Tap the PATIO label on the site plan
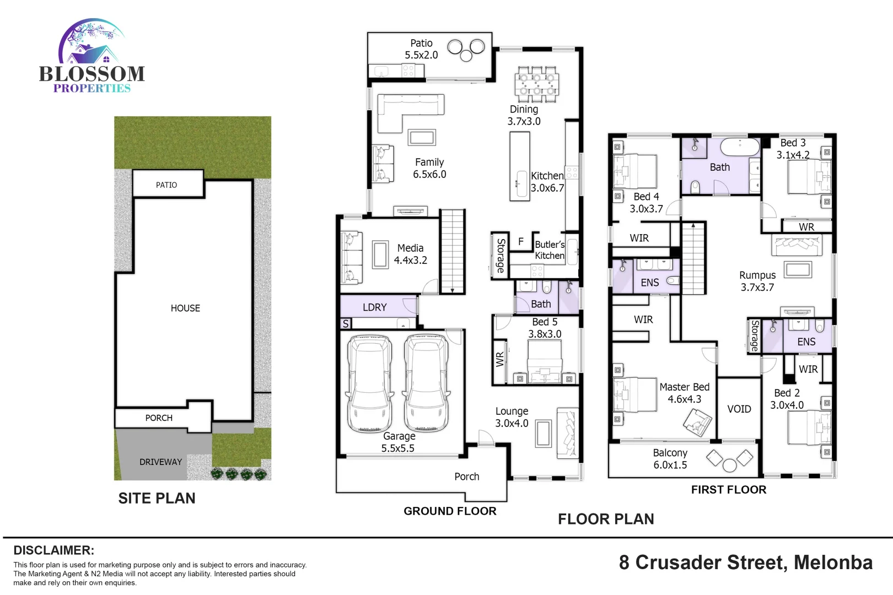[166, 185]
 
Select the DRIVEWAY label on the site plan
[160, 462]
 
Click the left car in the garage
[370, 384]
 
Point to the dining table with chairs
[536, 84]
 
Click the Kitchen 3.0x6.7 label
[547, 182]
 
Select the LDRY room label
[375, 307]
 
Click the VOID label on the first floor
[739, 409]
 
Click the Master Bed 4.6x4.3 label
[684, 393]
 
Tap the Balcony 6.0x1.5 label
[670, 459]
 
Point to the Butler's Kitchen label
[550, 250]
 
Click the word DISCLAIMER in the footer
[53, 550]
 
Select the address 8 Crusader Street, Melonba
[745, 562]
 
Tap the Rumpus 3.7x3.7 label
[757, 281]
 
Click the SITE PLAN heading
[157, 499]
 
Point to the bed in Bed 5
[545, 361]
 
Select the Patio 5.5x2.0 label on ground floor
[421, 49]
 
